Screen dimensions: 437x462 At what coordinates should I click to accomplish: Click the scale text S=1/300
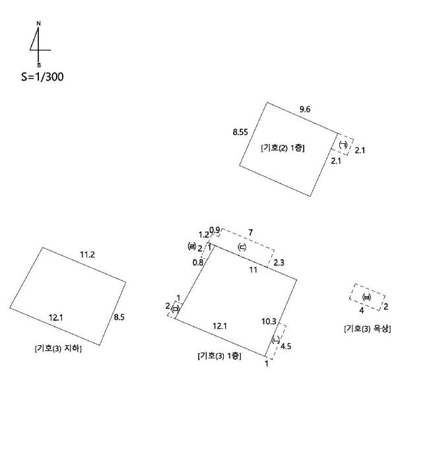(42, 77)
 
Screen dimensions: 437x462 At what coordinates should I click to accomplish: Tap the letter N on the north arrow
(38, 23)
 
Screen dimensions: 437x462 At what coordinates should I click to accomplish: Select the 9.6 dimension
(305, 110)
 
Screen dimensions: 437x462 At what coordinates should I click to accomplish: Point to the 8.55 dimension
(240, 132)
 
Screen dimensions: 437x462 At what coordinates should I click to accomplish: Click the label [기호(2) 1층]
(283, 148)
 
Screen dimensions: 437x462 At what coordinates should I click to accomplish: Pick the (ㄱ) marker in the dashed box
(343, 145)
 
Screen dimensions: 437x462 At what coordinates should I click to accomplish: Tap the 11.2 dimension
(88, 255)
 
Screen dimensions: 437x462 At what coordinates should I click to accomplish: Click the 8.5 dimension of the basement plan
(119, 317)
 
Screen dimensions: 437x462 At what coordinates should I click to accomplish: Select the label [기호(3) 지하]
(58, 348)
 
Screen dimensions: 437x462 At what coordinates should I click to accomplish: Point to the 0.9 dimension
(215, 230)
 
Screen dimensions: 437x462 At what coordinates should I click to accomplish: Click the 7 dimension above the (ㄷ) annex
(250, 233)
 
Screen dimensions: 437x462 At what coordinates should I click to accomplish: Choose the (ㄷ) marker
(242, 247)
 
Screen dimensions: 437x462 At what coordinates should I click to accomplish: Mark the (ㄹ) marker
(191, 246)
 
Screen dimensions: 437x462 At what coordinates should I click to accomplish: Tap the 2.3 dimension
(279, 263)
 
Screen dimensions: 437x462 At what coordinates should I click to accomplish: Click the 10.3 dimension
(269, 321)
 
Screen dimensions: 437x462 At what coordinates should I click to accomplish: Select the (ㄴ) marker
(275, 340)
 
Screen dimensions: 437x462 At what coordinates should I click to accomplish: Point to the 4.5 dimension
(286, 346)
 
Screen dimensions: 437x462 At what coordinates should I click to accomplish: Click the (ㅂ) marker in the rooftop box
(366, 297)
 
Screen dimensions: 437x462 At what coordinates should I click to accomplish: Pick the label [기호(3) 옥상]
(368, 329)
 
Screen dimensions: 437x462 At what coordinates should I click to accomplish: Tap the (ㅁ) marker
(176, 309)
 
